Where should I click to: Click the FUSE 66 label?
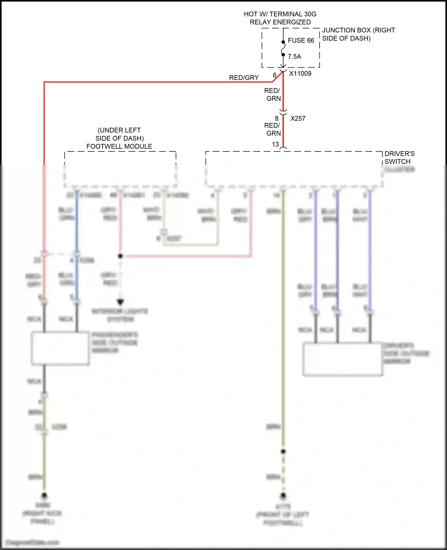301,41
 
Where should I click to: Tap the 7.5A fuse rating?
294,57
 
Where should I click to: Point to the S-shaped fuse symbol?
283,48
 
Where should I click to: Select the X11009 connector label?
300,74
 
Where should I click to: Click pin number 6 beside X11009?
275,75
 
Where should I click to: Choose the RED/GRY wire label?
244,78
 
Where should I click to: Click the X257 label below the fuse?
298,119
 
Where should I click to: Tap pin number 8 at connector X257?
277,118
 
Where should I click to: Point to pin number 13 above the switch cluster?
275,145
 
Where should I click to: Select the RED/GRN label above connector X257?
273,94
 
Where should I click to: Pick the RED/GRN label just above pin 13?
273,129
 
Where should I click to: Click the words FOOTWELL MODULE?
119,147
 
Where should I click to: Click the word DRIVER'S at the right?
399,154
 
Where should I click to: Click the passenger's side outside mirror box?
60,348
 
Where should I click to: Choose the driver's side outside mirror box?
342,359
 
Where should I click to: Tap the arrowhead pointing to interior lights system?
120,302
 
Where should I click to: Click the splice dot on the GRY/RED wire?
120,256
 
